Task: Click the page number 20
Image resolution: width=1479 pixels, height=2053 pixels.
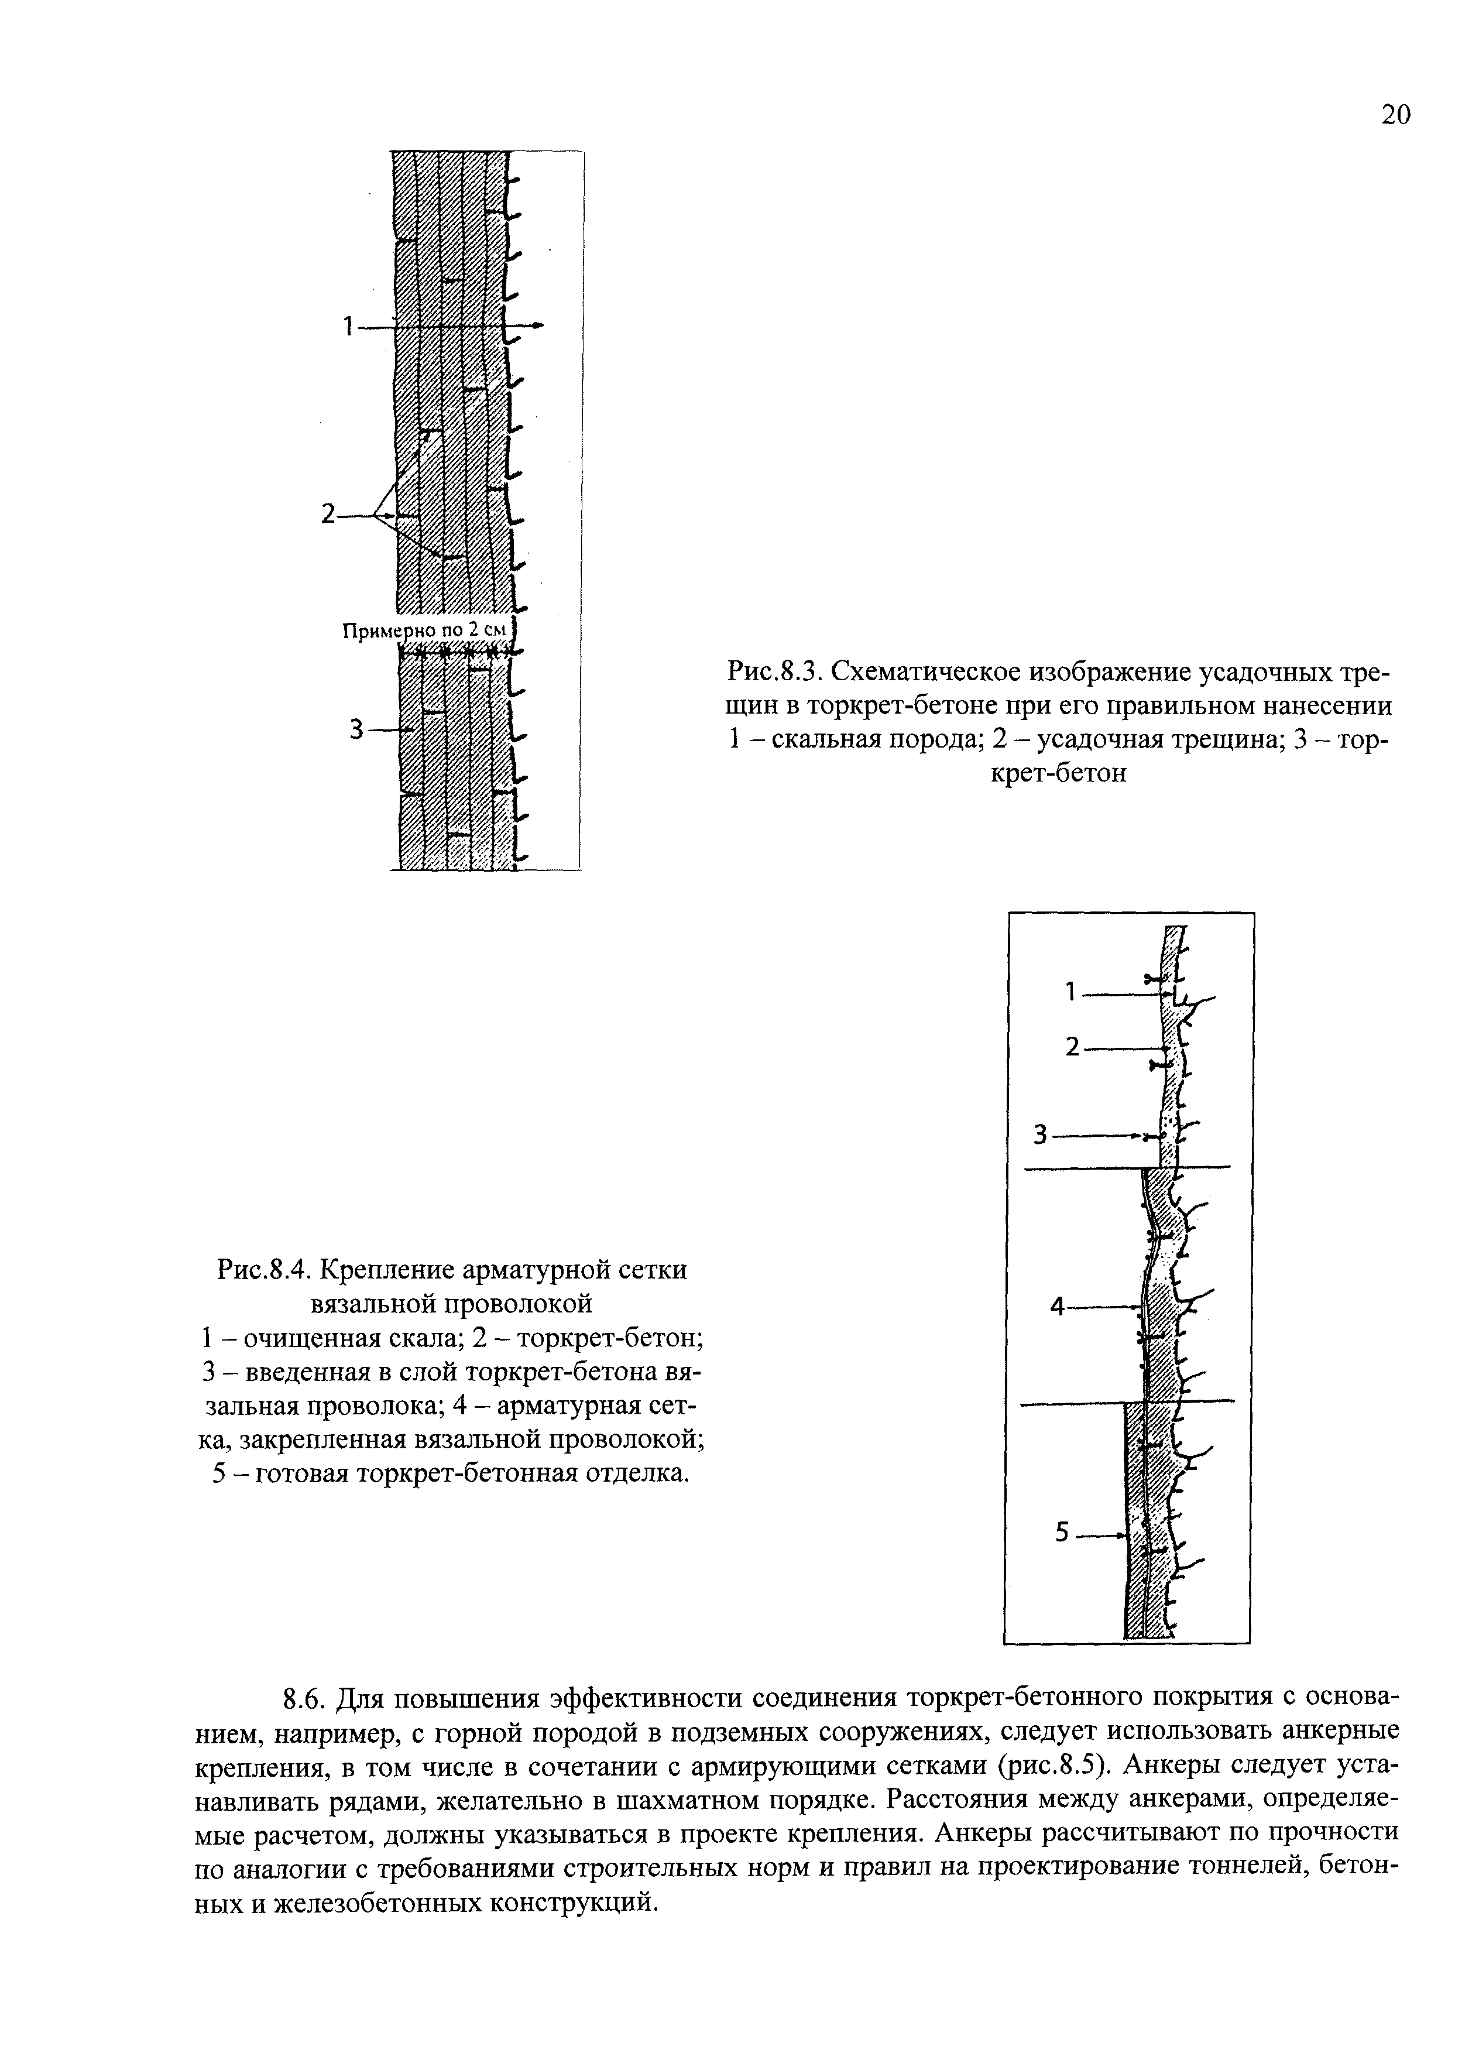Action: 1395,115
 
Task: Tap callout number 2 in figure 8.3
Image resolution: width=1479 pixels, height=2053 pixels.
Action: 328,515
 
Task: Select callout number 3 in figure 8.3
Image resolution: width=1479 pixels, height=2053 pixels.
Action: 356,729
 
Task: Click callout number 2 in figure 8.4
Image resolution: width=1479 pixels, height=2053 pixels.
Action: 1073,1047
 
